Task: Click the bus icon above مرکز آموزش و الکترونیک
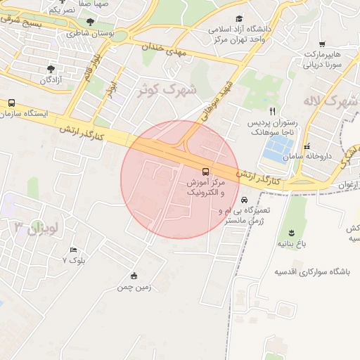205,171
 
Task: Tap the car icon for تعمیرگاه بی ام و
244,200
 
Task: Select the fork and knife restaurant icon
273,111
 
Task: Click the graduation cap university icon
239,19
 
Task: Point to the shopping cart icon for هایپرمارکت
322,44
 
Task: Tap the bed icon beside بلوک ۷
73,250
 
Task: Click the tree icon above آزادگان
51,69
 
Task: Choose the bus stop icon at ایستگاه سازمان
11,103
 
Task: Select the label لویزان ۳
39,226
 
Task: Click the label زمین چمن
134,287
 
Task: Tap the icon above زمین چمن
134,275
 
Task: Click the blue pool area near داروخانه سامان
276,148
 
